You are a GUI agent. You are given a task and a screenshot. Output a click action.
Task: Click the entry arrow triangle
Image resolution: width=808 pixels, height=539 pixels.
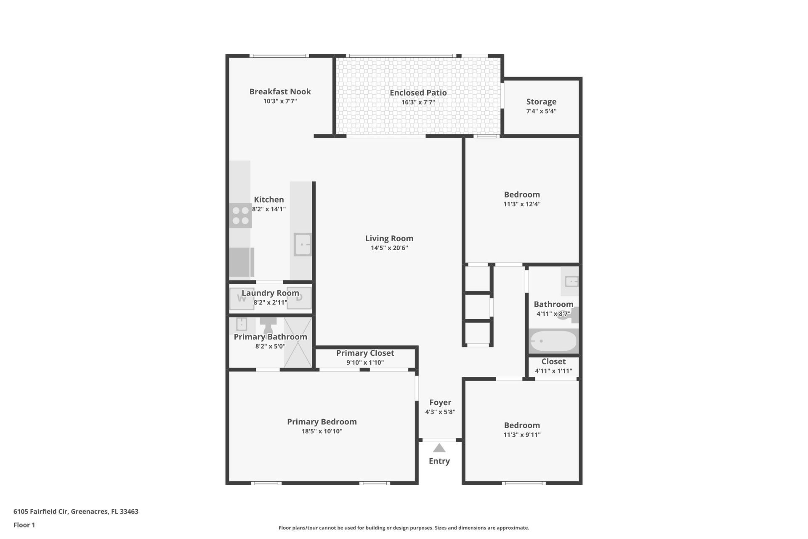(439, 448)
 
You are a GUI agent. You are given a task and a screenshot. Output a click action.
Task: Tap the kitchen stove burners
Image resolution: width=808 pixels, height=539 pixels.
(240, 216)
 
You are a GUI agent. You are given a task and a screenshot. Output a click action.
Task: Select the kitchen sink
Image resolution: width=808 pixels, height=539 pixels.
(302, 244)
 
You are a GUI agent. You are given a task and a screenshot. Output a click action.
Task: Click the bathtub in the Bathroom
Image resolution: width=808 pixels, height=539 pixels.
(553, 341)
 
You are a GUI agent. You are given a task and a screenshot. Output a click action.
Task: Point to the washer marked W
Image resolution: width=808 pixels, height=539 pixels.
(242, 299)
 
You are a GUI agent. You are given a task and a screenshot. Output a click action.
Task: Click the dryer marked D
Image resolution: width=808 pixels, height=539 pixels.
(299, 298)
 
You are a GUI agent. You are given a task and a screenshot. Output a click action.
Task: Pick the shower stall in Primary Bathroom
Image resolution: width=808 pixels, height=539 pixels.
(298, 342)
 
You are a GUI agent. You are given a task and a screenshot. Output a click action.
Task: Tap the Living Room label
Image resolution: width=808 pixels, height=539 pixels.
(389, 238)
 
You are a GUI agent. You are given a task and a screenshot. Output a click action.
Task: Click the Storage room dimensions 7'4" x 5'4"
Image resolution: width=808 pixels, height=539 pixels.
(541, 111)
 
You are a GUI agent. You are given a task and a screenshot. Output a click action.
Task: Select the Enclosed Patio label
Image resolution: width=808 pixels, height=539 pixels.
(418, 93)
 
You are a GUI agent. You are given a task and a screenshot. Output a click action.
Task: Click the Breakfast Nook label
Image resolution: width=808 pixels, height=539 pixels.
(280, 91)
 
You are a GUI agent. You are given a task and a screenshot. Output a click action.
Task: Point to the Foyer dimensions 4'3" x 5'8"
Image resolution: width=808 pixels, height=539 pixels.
(440, 412)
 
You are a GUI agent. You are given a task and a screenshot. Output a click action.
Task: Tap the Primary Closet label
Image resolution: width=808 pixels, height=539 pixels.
(365, 353)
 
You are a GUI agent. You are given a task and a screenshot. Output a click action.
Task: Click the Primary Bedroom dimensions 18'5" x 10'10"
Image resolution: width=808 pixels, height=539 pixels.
(322, 431)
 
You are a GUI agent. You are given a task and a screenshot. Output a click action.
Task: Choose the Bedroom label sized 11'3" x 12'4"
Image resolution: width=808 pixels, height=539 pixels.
(522, 195)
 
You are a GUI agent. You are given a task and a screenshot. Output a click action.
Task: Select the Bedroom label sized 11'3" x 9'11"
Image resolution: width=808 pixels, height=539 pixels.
(522, 425)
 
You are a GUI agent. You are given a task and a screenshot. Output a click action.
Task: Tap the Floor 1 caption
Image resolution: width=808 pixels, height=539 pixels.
(24, 525)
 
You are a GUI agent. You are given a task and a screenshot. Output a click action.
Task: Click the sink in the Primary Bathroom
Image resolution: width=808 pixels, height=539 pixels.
(241, 324)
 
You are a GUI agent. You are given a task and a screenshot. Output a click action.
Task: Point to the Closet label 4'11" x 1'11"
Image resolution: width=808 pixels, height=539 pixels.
(553, 361)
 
